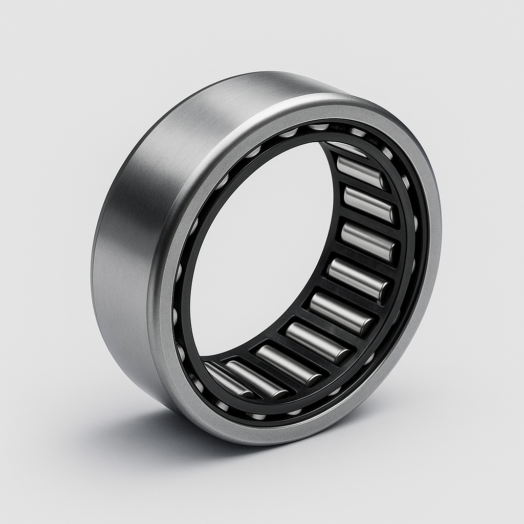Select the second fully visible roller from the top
369,205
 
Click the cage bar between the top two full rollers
366,188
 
